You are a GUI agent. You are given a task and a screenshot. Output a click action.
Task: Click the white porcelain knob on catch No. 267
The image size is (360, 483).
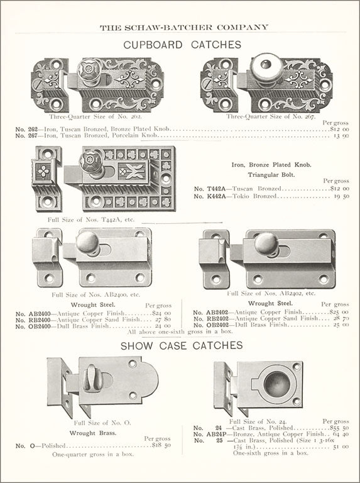[x=266, y=67]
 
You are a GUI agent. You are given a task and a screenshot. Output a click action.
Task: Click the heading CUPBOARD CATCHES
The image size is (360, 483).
[x=182, y=45]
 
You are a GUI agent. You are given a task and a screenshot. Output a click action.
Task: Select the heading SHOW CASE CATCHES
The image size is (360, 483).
[x=182, y=345]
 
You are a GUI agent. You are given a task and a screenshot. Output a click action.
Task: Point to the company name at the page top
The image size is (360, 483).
[x=184, y=28]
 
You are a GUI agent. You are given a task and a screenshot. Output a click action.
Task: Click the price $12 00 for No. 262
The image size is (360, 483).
[x=339, y=129]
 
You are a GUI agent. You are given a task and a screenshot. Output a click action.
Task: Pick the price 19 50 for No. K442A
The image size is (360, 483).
[x=342, y=196]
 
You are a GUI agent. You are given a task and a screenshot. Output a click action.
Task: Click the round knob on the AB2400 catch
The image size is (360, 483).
[x=88, y=243]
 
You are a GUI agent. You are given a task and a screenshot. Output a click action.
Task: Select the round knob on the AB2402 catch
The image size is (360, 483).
[x=266, y=244]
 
